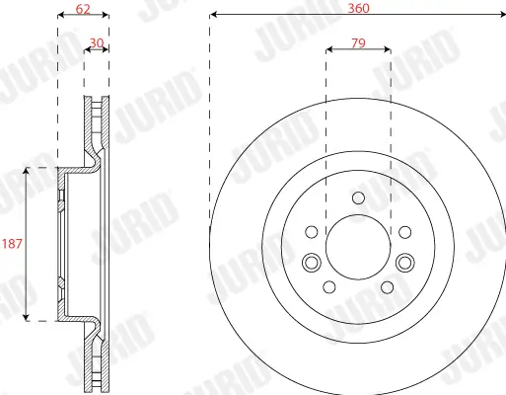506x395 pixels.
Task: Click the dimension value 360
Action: [x=358, y=8]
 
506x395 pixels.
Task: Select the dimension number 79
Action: [x=358, y=43]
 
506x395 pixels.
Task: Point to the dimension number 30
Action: [x=97, y=43]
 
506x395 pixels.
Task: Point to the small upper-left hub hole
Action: [x=313, y=232]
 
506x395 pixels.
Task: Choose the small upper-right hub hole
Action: [x=404, y=232]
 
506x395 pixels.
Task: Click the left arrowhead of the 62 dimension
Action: [x=61, y=16]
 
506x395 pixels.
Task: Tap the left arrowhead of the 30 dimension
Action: [x=88, y=51]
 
